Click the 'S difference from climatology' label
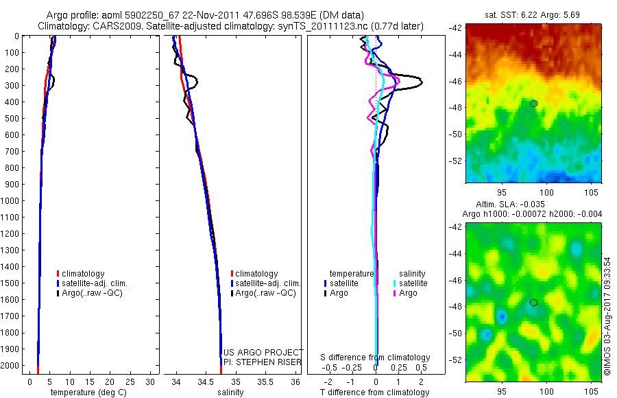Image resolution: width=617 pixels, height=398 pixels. [x=376, y=358]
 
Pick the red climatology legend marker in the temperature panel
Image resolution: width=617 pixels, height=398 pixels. [x=58, y=274]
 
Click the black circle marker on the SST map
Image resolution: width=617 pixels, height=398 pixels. [x=533, y=104]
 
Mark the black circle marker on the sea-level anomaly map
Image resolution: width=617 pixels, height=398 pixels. [x=533, y=302]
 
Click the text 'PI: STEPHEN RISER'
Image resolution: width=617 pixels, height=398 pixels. [x=263, y=361]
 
